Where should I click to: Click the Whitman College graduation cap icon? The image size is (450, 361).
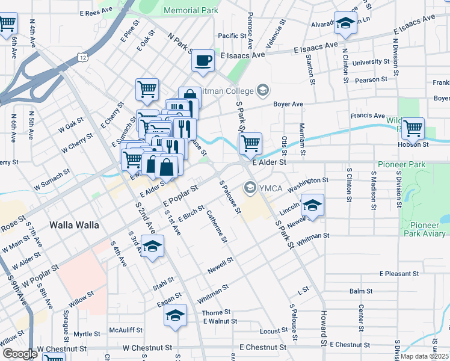[x=262, y=90]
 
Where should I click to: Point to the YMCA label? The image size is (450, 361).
[x=267, y=188]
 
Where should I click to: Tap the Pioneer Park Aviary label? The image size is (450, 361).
[x=425, y=229]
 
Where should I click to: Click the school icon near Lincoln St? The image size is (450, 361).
[x=312, y=205]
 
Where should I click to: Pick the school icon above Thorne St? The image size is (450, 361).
[x=175, y=315]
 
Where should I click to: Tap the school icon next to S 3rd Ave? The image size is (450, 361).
[x=153, y=247]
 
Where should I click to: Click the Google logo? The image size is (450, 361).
[x=19, y=354]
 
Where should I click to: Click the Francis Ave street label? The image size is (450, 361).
[x=371, y=116]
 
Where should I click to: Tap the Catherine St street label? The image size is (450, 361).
[x=217, y=226]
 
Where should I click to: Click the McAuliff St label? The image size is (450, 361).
[x=126, y=330]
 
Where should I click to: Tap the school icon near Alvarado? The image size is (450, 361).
[x=345, y=24]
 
